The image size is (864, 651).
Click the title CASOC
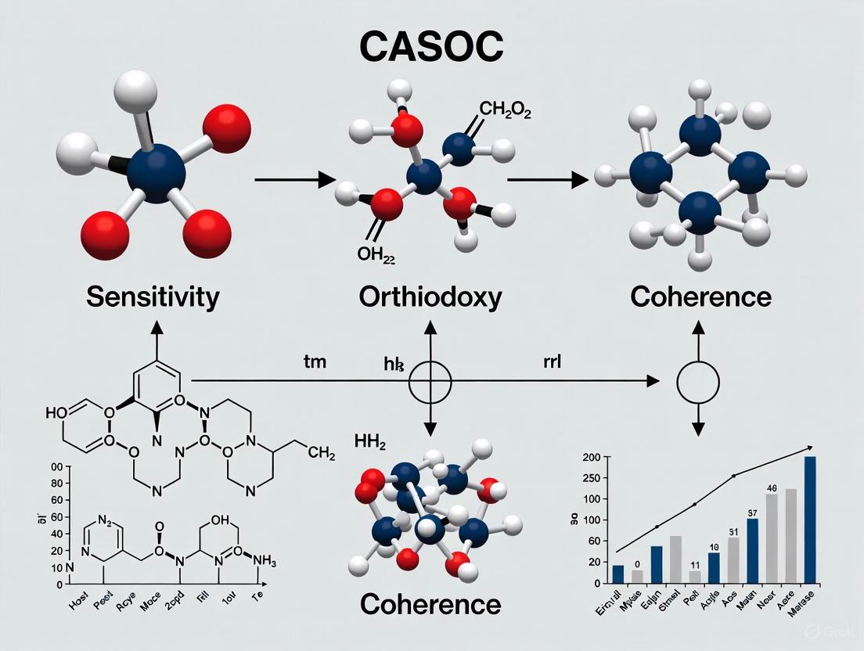[432, 47]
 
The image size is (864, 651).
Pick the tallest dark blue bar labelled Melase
[810, 520]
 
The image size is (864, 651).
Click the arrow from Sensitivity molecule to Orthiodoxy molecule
[293, 181]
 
